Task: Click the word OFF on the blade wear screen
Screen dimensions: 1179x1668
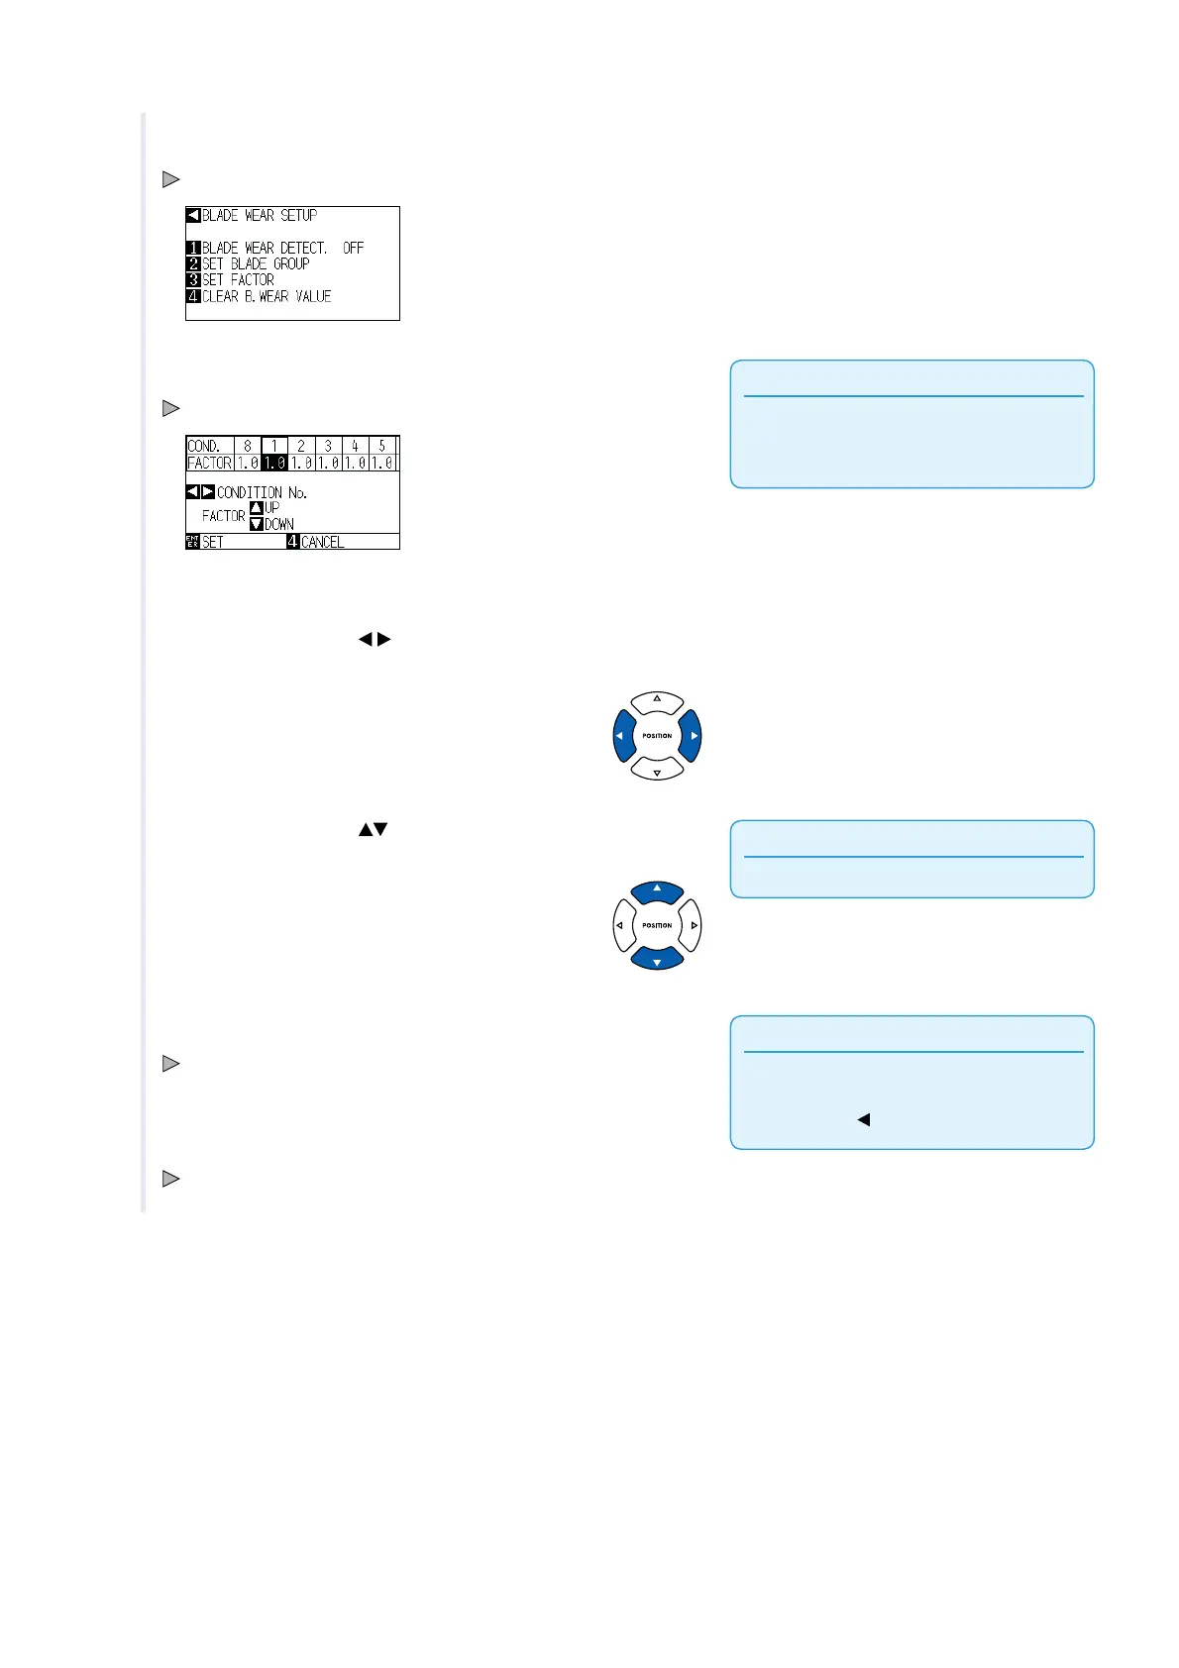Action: (353, 248)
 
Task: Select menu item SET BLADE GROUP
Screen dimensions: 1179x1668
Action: (256, 263)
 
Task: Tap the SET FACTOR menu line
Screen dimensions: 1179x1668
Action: (238, 280)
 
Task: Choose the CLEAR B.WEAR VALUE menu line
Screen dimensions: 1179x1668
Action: (267, 296)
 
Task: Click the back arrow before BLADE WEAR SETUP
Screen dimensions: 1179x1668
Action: (193, 215)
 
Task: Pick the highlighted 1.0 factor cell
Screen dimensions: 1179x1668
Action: (274, 463)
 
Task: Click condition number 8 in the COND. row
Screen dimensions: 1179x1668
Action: (248, 446)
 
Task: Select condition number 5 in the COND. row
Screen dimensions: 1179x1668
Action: (381, 446)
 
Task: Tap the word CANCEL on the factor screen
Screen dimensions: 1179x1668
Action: (322, 542)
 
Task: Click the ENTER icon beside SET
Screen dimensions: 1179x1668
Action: (193, 542)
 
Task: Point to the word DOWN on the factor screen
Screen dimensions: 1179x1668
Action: (278, 524)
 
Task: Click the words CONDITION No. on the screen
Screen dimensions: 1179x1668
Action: (262, 492)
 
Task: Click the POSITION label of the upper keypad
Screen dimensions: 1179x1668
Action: (657, 736)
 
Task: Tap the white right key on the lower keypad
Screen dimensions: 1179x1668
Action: (693, 926)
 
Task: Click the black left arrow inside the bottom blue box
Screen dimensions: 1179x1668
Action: (863, 1120)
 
